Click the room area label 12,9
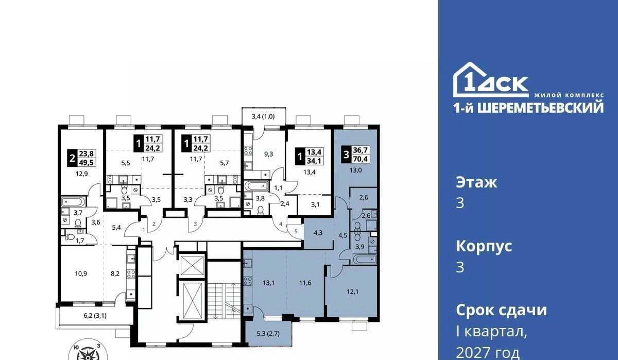[x=82, y=174]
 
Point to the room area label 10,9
[x=81, y=273]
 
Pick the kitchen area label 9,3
[x=268, y=154]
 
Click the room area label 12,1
[x=353, y=292]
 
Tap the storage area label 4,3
[x=318, y=233]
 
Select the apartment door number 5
[x=296, y=231]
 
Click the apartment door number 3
[x=195, y=224]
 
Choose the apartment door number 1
[x=144, y=229]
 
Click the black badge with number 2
[x=72, y=159]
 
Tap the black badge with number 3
[x=347, y=155]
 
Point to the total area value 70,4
[x=361, y=159]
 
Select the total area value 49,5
[x=87, y=163]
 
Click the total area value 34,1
[x=315, y=161]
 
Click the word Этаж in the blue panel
[x=477, y=182]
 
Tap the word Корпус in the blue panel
[x=484, y=246]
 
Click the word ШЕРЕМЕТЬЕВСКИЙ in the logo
[x=540, y=108]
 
